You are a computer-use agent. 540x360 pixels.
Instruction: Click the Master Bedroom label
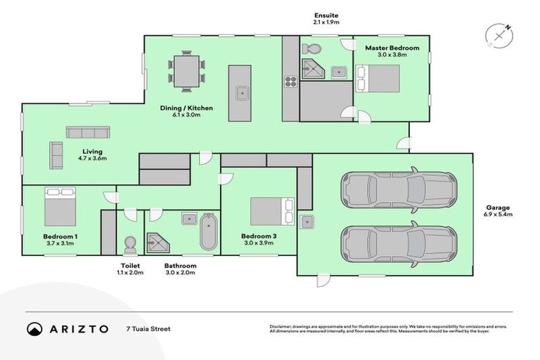pos(392,48)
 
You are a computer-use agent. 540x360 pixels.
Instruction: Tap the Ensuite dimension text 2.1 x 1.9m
pos(326,22)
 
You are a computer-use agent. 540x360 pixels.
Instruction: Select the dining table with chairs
pos(186,70)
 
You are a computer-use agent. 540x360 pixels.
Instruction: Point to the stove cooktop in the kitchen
pos(289,81)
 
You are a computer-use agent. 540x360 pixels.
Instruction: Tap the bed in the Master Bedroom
pos(380,78)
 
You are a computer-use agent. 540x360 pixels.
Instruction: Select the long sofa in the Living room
pos(88,132)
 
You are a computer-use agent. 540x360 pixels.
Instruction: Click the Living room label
pos(92,151)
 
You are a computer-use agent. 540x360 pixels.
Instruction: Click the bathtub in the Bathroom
pos(209,233)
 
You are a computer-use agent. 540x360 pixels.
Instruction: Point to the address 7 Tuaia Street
pos(148,328)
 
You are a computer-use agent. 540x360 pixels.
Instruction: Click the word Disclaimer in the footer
pos(281,326)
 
